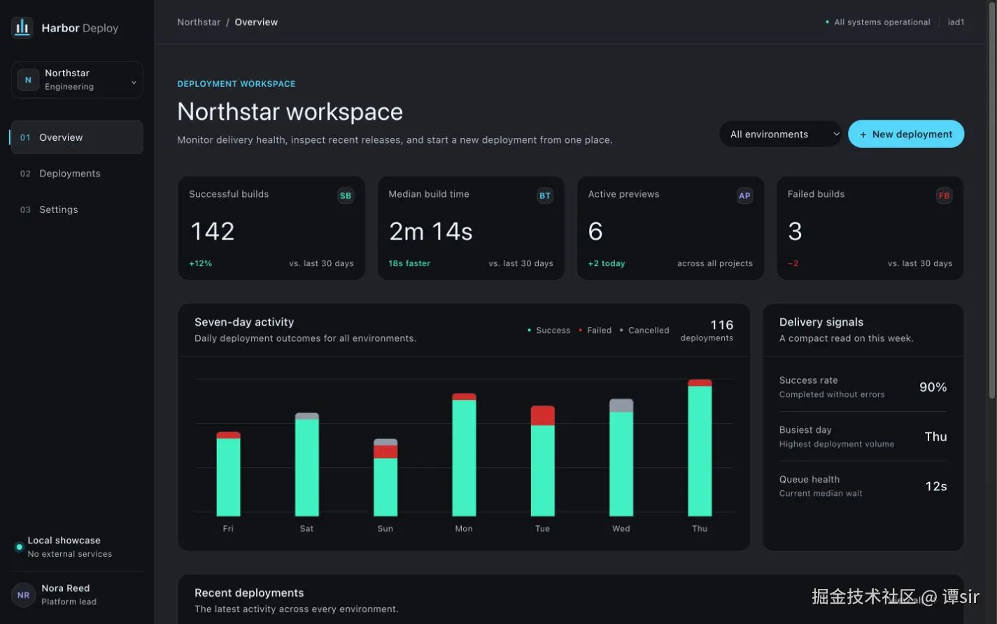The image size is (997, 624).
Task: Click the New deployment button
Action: tap(906, 134)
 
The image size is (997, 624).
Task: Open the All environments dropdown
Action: tap(780, 134)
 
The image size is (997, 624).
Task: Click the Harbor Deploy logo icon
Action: tap(22, 27)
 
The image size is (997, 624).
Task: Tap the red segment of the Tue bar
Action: tap(542, 415)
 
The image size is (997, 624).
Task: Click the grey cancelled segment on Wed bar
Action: tap(621, 405)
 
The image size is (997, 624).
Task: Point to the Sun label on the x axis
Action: tap(385, 529)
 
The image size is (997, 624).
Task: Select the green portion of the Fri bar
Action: tap(228, 477)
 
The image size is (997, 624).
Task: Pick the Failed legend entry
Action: tap(595, 330)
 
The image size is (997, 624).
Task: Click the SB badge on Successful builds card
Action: tap(346, 195)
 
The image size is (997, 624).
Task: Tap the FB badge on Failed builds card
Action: tap(944, 195)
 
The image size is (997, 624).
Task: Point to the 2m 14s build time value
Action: tap(431, 232)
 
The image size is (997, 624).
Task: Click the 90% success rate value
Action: tap(933, 387)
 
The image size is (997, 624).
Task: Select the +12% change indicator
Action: tap(200, 263)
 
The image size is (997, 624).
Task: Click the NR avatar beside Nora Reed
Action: tap(23, 595)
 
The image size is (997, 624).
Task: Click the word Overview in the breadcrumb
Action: tap(256, 22)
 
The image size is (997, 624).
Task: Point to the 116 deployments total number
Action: tap(721, 325)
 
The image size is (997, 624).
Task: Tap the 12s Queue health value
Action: tap(936, 486)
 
